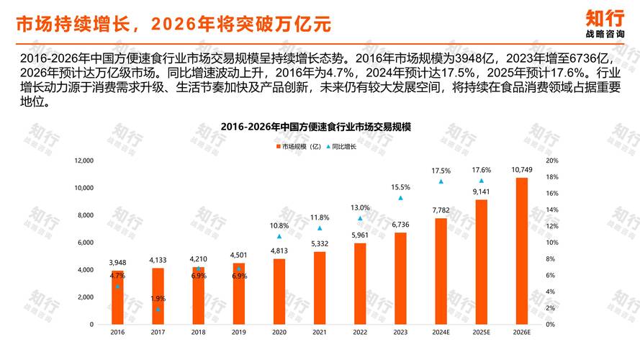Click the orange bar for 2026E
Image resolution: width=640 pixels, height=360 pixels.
(x=522, y=251)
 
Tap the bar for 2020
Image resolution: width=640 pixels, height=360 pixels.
(x=279, y=292)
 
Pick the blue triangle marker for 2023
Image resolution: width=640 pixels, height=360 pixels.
(x=400, y=198)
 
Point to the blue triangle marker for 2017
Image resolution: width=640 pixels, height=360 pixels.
(x=158, y=309)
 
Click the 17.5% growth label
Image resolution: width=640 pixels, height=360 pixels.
(x=441, y=171)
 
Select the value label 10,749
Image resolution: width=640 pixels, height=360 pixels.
(x=522, y=170)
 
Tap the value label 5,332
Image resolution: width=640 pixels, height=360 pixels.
(x=320, y=243)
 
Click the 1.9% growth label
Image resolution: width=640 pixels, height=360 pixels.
(x=158, y=298)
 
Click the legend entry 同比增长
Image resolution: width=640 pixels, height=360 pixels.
(x=345, y=146)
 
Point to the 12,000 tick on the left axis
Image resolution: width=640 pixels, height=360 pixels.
(x=84, y=161)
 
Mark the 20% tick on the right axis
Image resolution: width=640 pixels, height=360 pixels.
(x=552, y=161)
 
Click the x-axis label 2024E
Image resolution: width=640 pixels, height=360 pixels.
(x=441, y=333)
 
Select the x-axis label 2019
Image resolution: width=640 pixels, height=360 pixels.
(x=239, y=333)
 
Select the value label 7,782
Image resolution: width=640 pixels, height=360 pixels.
(x=441, y=210)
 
